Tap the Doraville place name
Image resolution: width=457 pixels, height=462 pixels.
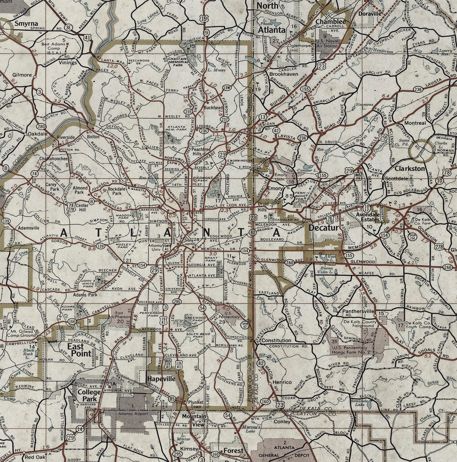370,14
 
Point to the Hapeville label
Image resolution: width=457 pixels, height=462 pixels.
161,379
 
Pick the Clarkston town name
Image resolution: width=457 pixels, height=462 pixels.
410,168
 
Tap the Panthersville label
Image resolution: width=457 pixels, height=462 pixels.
358,311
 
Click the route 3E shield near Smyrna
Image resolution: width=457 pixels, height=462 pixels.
68,28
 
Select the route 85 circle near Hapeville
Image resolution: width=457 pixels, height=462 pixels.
172,399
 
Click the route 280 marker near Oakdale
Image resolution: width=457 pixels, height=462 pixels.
41,126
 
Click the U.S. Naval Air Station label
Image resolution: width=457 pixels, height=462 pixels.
326,43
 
